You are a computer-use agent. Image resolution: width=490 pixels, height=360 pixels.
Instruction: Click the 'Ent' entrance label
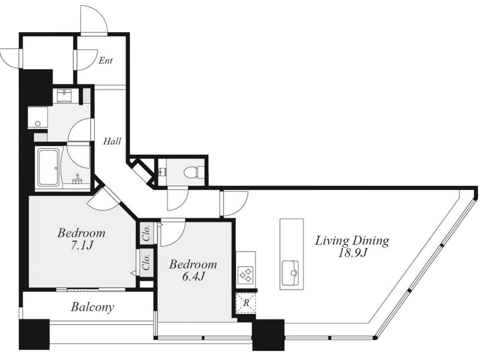click(x=106, y=61)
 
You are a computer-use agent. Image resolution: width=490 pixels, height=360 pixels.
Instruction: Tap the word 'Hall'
click(x=112, y=141)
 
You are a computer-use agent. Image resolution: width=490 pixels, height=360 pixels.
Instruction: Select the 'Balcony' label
click(x=92, y=307)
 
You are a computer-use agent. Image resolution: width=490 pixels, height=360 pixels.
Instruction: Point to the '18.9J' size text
click(x=352, y=253)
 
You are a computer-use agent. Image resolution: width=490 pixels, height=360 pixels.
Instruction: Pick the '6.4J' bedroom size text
click(x=193, y=277)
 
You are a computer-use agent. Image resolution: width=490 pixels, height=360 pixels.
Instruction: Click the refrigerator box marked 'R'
click(x=246, y=303)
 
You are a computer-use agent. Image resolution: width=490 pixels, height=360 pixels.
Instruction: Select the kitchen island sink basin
click(x=290, y=273)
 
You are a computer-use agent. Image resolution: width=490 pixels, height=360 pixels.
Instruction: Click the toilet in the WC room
click(x=194, y=172)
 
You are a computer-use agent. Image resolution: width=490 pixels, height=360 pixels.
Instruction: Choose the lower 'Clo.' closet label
click(x=146, y=262)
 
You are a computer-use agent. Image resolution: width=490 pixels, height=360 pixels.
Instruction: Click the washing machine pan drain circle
click(x=38, y=124)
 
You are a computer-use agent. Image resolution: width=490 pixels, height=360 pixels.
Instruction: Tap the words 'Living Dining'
click(x=352, y=241)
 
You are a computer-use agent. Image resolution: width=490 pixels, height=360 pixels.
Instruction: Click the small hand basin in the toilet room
click(x=162, y=172)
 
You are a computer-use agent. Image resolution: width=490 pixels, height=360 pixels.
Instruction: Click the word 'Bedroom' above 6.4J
click(x=193, y=264)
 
